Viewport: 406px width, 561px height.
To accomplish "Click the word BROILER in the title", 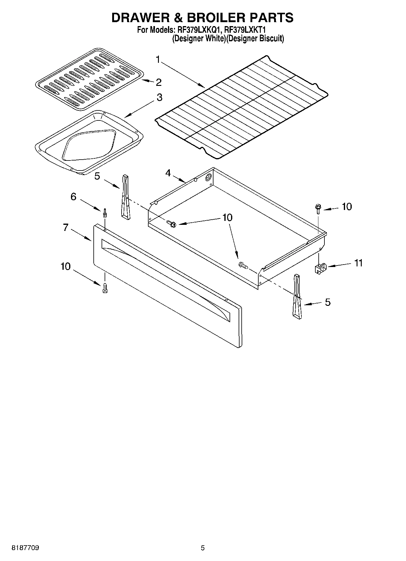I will point(212,18).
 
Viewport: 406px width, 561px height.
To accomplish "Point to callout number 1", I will point(158,59).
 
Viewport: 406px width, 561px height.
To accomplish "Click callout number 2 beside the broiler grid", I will point(158,82).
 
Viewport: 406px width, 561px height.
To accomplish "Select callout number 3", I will point(159,97).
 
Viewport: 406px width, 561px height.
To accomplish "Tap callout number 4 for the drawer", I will point(168,173).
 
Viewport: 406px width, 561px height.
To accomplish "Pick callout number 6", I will point(73,197).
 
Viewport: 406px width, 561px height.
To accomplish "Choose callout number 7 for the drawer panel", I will point(66,227).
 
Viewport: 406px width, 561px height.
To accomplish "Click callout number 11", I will point(358,263).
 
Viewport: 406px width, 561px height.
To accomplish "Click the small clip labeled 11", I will point(319,268).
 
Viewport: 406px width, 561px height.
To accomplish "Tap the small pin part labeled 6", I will point(105,213).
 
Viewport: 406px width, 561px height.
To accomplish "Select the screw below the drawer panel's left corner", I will point(105,288).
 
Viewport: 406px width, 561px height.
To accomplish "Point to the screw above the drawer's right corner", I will point(317,209).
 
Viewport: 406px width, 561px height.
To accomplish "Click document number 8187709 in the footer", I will point(25,548).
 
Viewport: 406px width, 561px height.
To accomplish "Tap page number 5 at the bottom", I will point(203,548).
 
